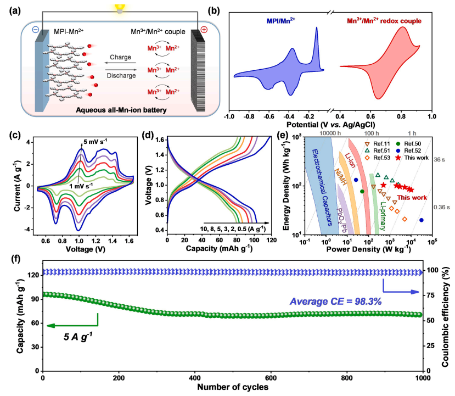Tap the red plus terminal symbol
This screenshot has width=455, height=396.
204,30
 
